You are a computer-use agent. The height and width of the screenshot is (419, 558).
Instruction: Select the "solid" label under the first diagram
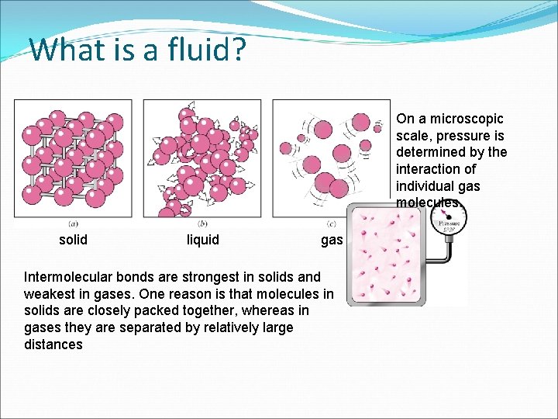tap(74, 240)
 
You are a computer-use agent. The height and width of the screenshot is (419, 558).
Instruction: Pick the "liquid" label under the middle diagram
tap(203, 240)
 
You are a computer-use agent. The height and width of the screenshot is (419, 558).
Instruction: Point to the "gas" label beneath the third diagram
tap(332, 241)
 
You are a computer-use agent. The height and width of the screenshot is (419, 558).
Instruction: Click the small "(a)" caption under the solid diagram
tap(72, 224)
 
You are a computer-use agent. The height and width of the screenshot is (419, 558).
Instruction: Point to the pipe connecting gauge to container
tap(442, 264)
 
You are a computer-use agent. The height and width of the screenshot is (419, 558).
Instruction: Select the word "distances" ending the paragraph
tap(53, 345)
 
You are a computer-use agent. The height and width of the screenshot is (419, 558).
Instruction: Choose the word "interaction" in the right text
tap(429, 169)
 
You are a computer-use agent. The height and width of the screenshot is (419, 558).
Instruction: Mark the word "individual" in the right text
tap(425, 186)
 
